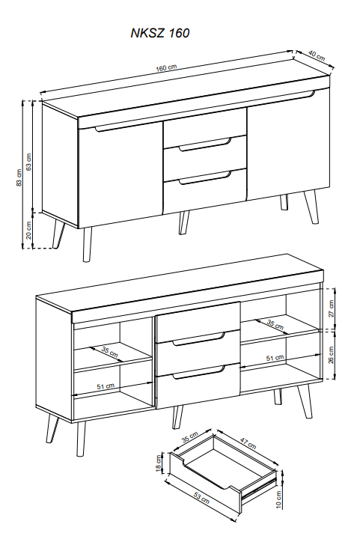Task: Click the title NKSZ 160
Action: click(x=160, y=33)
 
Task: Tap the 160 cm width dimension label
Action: click(x=166, y=67)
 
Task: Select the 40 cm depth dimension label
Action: click(x=317, y=55)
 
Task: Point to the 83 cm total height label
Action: click(x=19, y=177)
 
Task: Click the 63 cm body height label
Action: click(x=29, y=162)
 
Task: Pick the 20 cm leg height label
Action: click(x=29, y=230)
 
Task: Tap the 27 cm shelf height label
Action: click(x=331, y=308)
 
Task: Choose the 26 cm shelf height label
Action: click(x=331, y=355)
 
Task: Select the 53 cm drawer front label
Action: click(x=201, y=497)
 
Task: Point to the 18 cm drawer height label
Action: click(x=159, y=463)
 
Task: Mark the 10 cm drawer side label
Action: click(x=278, y=500)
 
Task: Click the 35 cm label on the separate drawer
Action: click(x=190, y=436)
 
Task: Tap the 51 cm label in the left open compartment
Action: click(x=106, y=386)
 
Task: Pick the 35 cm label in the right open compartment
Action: click(x=275, y=325)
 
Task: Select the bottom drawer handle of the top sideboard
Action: click(x=205, y=177)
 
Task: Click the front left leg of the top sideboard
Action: click(x=88, y=244)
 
